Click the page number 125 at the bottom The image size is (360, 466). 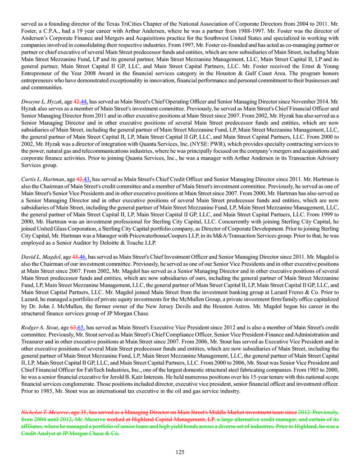pos(180,452)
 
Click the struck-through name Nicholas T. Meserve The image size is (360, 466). pos(45,412)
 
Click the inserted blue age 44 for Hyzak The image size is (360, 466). pos(83,102)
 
